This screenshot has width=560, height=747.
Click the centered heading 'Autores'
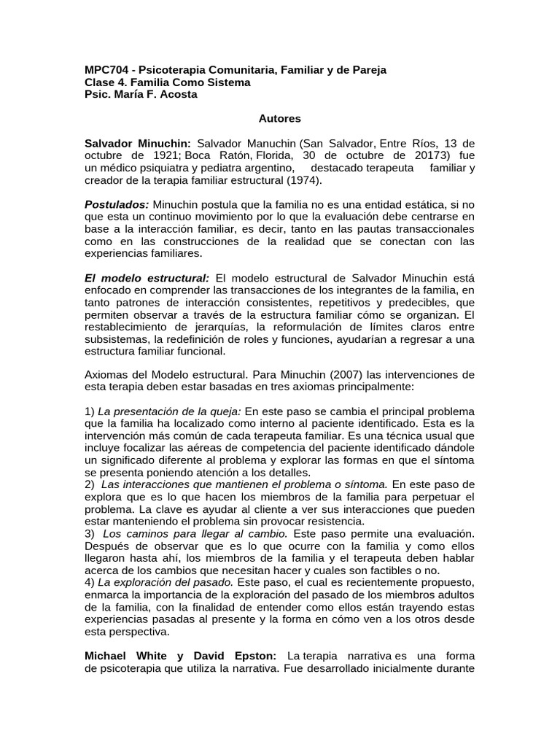coord(280,118)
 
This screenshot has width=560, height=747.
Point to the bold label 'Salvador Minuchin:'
coord(138,142)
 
